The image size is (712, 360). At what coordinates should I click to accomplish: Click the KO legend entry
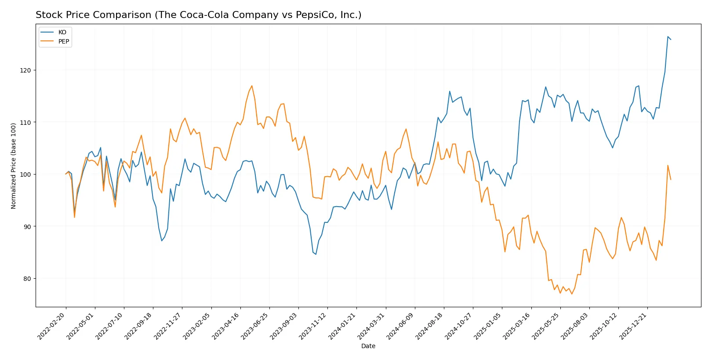click(62, 32)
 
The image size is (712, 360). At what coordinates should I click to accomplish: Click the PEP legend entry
click(63, 41)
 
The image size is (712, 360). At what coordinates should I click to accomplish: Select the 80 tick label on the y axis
click(28, 279)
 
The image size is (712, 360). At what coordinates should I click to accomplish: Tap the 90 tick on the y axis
click(28, 226)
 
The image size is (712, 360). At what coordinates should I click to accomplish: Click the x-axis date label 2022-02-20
click(52, 326)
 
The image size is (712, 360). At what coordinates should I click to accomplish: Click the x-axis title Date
click(368, 346)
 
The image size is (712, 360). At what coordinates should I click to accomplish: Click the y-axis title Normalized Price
click(13, 166)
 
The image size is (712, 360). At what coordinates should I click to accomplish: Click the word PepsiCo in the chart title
click(316, 15)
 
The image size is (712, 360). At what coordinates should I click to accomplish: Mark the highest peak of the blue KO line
click(668, 36)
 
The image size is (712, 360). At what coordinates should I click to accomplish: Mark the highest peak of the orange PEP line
click(252, 86)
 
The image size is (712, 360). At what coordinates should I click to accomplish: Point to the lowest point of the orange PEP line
click(572, 294)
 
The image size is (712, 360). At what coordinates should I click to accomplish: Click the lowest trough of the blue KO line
click(316, 254)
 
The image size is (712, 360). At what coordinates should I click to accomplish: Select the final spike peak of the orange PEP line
click(668, 165)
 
